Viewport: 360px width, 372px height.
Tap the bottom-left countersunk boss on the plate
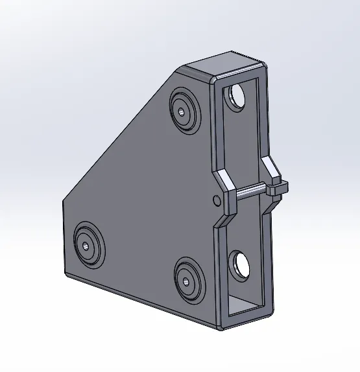[x=86, y=245]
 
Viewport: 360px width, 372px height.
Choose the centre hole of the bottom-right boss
[x=187, y=280]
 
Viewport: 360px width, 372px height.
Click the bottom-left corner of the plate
[x=65, y=272]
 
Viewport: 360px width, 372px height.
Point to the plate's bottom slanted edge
[x=143, y=301]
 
